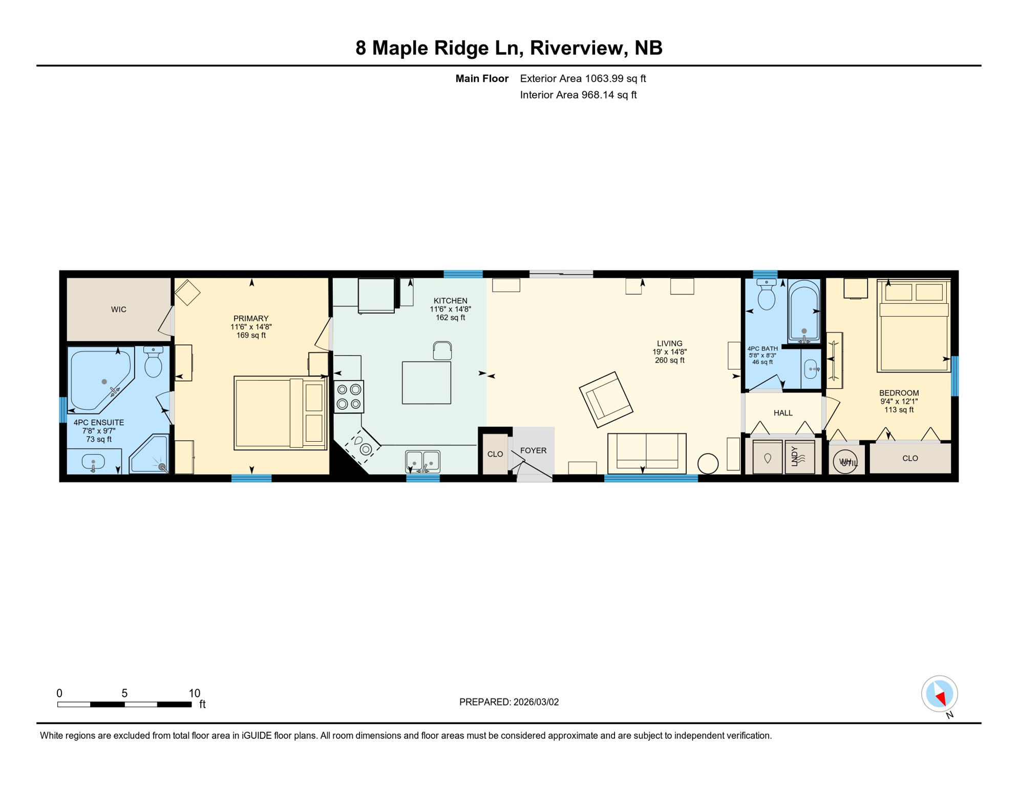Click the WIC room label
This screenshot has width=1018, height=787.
pos(118,309)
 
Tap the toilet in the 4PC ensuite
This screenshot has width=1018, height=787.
pos(153,363)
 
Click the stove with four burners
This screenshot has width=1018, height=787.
pos(349,397)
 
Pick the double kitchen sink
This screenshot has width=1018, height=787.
pos(422,461)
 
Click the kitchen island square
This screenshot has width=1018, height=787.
pos(426,383)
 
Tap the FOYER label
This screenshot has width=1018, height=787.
pos(533,450)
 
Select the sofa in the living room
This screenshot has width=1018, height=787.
pos(647,453)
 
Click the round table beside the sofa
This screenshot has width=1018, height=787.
pos(708,464)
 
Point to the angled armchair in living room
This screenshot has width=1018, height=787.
pos(606,400)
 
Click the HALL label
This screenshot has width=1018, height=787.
pos(782,413)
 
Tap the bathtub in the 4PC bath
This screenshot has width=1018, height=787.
pos(804,311)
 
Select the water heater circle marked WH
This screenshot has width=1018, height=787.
pos(844,462)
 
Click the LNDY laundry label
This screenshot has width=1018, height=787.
pos(795,456)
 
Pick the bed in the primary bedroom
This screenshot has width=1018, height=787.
pos(280,413)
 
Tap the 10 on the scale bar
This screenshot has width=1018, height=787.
pos(194,693)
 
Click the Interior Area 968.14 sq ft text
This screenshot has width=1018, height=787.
pos(578,95)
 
